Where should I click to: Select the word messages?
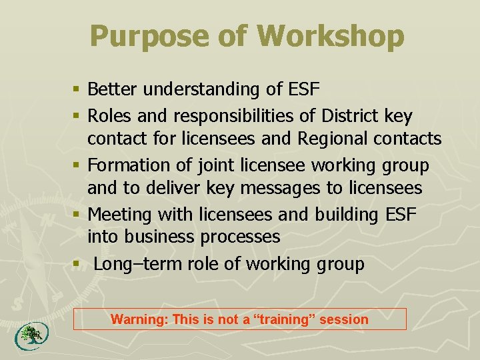point(280,188)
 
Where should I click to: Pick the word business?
point(166,237)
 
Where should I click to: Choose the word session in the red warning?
point(343,319)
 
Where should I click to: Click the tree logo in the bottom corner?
point(29,335)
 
